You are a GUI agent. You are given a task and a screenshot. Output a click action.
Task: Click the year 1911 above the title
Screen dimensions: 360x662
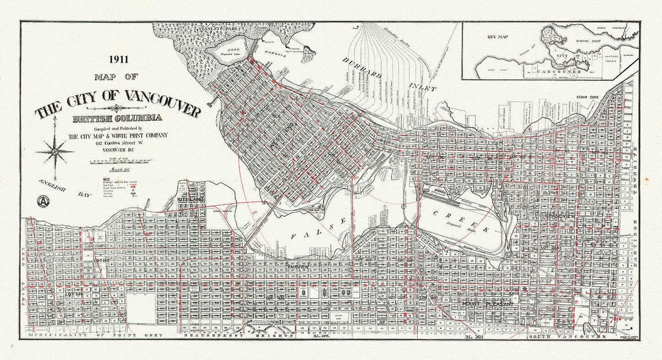[x=118, y=59]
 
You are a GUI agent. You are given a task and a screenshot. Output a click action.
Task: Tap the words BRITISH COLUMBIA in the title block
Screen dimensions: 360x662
[x=117, y=118]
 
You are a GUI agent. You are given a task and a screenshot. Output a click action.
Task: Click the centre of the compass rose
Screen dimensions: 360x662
[x=55, y=151]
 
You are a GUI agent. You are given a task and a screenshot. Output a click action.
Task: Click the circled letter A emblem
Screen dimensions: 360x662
[x=43, y=201]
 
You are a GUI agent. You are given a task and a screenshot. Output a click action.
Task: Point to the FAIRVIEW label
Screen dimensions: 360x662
[x=298, y=266]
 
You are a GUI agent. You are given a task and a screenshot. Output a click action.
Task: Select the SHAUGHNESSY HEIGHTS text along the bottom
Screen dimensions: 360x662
[x=238, y=336]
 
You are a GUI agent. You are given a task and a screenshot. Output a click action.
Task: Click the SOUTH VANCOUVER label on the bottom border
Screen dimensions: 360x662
[x=567, y=337]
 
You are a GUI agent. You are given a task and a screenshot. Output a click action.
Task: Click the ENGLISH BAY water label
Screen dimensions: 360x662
[x=64, y=188]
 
